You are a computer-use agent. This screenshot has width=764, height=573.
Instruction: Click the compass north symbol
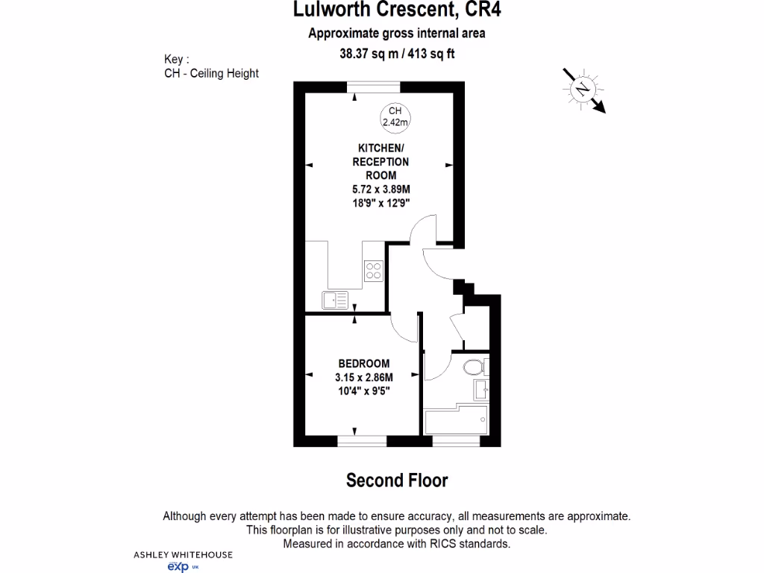coord(583,89)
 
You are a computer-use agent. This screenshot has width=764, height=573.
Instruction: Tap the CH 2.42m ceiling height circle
coord(395,116)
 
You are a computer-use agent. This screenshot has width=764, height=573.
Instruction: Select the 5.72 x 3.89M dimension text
coord(381,189)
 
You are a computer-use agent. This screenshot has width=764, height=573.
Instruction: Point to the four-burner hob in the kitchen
coord(373,272)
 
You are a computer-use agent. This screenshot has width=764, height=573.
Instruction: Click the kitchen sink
coord(335,299)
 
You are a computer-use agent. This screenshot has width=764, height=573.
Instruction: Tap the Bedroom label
coord(363,364)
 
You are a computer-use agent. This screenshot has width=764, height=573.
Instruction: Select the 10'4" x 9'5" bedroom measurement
coord(363,390)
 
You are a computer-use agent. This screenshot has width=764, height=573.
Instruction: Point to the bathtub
coord(456,421)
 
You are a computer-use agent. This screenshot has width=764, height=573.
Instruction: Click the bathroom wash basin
coord(482,389)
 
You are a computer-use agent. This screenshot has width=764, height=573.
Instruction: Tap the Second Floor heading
coord(397,480)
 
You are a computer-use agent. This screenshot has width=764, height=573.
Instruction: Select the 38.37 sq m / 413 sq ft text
coord(397,53)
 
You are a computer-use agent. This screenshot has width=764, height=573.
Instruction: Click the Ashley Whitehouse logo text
coord(183,554)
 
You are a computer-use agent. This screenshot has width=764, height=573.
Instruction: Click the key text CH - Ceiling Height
coord(211,73)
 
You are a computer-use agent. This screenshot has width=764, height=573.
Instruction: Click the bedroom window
coord(362,441)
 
